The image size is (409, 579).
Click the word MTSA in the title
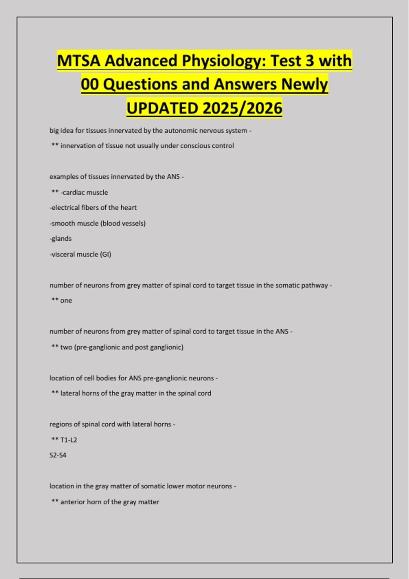(79, 61)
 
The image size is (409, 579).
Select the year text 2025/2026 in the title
(242, 108)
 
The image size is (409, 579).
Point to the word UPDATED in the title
(162, 108)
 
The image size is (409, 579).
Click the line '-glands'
(61, 239)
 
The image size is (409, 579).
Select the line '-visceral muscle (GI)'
(80, 254)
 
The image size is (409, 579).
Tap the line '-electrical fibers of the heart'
(93, 208)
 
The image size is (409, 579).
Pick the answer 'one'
(66, 301)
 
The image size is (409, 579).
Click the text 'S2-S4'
(58, 455)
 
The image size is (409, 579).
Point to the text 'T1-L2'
(69, 440)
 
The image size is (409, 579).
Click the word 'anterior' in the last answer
(73, 502)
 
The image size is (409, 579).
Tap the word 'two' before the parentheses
(66, 347)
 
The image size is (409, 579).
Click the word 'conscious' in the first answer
(195, 146)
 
